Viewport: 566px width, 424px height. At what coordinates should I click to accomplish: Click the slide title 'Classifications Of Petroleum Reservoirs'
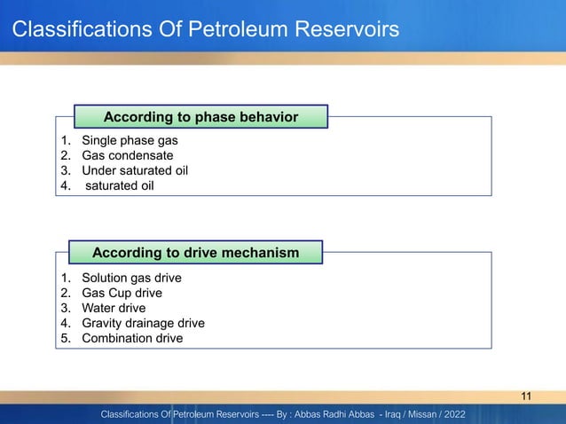click(x=205, y=31)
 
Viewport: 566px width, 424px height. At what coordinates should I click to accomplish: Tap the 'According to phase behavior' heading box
click(x=200, y=116)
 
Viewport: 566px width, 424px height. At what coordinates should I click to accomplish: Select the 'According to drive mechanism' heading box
click(x=195, y=253)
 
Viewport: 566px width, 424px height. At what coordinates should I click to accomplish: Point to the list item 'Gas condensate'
click(x=128, y=155)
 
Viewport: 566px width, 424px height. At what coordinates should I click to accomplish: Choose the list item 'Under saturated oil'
click(x=134, y=170)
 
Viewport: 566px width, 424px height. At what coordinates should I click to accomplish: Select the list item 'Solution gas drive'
click(x=131, y=278)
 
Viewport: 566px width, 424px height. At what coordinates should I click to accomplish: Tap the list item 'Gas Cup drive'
click(x=122, y=293)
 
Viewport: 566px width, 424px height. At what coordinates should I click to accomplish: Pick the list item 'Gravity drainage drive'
click(x=143, y=323)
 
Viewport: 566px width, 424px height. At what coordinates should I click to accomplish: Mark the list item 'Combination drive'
click(x=132, y=338)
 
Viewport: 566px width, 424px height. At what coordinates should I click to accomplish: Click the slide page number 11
click(x=527, y=396)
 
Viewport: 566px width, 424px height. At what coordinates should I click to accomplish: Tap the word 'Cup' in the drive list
click(x=121, y=293)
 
